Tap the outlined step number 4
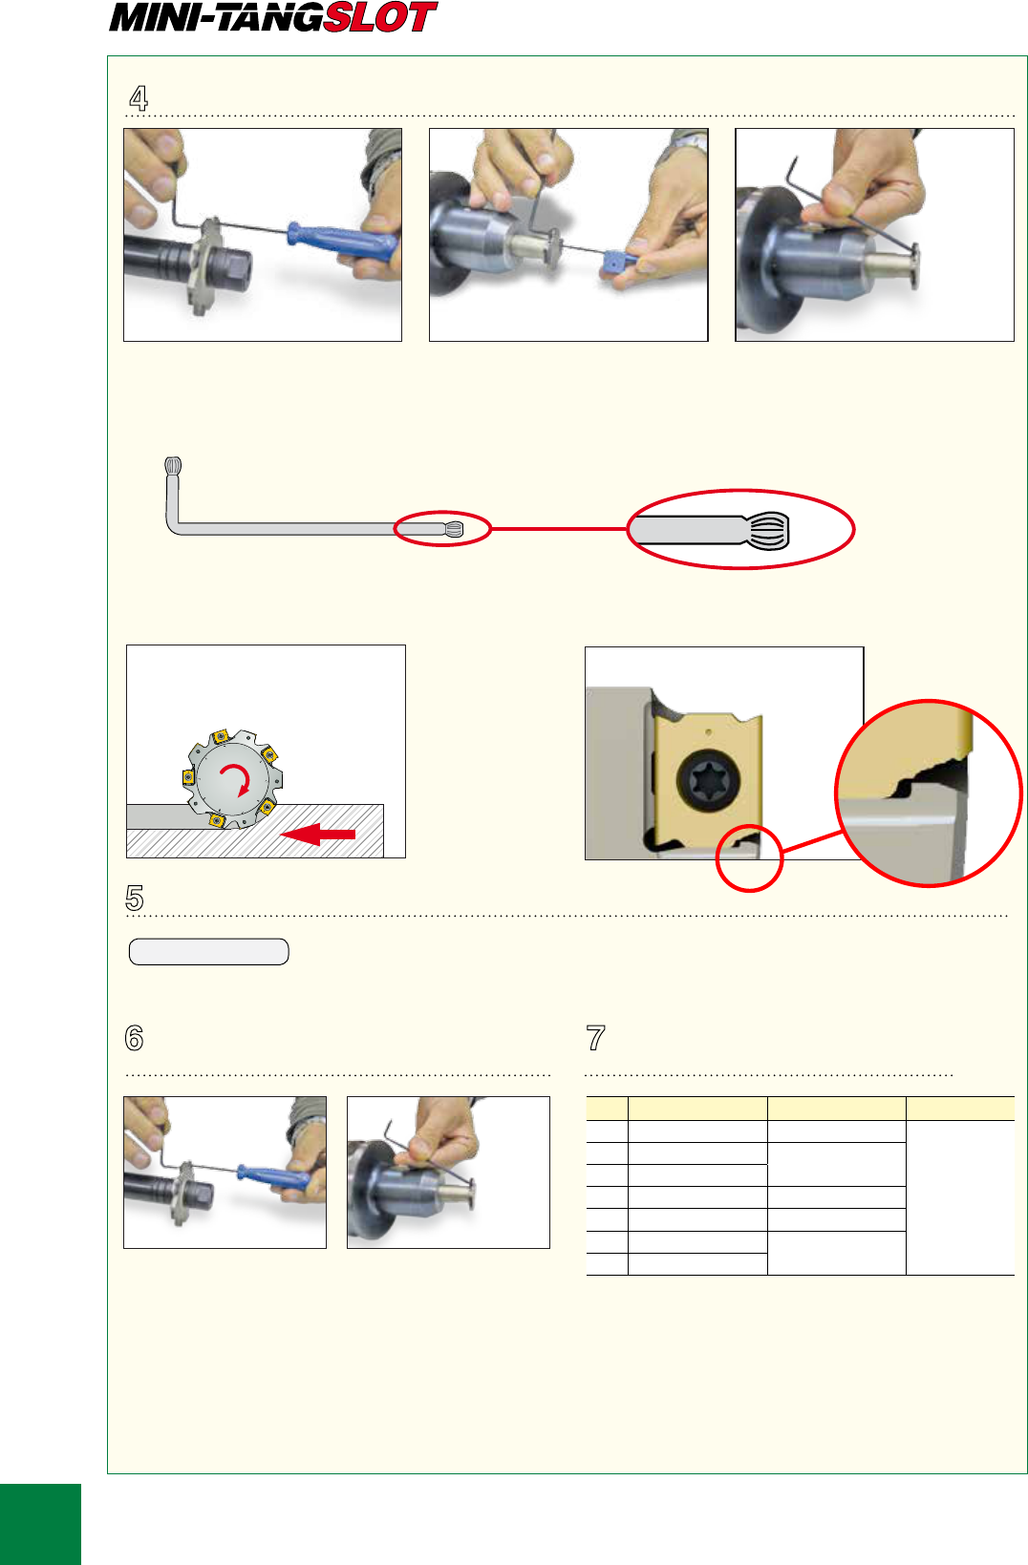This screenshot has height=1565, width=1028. click(139, 97)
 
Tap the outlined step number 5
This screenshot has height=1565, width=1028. click(135, 898)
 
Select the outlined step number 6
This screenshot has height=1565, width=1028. click(134, 1038)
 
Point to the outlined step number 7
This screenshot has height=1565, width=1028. click(595, 1038)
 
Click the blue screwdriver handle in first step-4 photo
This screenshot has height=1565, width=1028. click(341, 241)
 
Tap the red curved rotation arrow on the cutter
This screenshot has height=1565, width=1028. click(236, 777)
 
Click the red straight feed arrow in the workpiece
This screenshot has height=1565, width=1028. click(318, 834)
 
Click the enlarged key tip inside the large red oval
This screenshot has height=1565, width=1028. click(709, 530)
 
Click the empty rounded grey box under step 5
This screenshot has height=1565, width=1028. click(209, 952)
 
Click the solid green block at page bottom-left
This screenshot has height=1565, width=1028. click(40, 1524)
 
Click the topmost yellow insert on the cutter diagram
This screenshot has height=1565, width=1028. click(221, 735)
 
